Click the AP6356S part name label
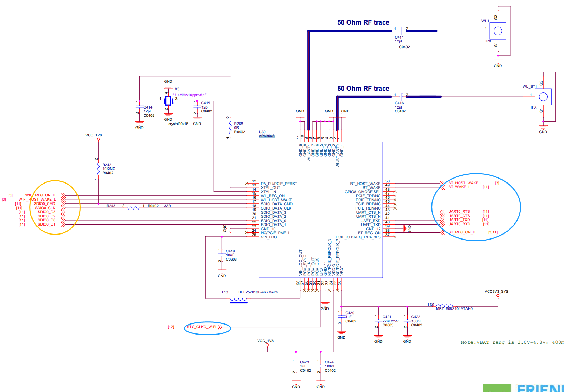point(266,136)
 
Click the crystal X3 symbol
point(168,101)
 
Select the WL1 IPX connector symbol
point(498,31)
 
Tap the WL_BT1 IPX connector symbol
point(543,96)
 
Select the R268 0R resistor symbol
point(230,128)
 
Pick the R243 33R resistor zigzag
point(134,207)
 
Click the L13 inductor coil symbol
point(238,300)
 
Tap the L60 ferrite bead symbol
point(444,306)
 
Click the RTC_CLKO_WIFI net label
point(201,327)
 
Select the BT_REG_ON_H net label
point(461,232)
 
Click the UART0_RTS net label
point(459,212)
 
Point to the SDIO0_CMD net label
point(45,204)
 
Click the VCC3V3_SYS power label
point(496,292)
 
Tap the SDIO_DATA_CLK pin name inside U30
point(276,208)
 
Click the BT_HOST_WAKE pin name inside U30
point(365,184)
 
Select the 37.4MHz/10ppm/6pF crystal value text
point(189,95)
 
